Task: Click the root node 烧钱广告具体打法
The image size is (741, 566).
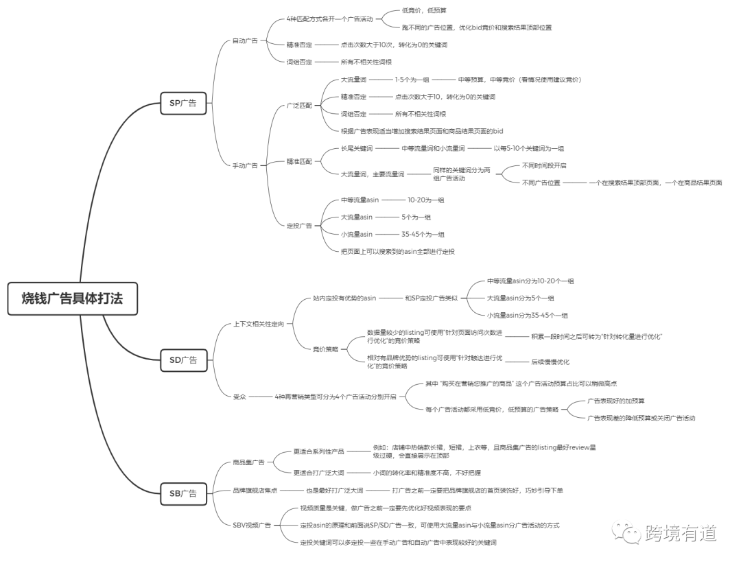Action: pos(72,298)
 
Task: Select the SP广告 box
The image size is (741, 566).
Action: pos(183,103)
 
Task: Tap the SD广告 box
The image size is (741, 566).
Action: pos(183,360)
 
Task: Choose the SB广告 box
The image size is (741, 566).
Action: pos(183,494)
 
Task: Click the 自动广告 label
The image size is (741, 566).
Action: pos(245,40)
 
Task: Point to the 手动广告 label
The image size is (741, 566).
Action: pos(245,165)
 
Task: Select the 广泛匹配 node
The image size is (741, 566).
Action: pos(299,106)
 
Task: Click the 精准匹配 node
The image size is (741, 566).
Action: pos(299,161)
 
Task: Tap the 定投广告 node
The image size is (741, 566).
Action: pos(299,225)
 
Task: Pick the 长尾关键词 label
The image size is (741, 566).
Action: pos(357,148)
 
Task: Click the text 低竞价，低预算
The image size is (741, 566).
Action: pos(424,10)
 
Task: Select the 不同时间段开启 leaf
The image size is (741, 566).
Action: pos(544,165)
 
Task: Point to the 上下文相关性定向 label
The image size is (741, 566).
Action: pos(259,324)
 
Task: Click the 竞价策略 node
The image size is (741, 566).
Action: pos(326,349)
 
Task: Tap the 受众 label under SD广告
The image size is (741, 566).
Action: pos(239,397)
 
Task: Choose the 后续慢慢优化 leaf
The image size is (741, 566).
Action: pos(550,362)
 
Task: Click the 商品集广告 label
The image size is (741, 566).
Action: pos(248,462)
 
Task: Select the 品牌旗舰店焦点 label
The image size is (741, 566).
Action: pos(255,491)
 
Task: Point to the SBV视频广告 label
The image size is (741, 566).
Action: pos(252,525)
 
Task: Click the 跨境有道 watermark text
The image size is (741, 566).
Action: pos(681,533)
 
